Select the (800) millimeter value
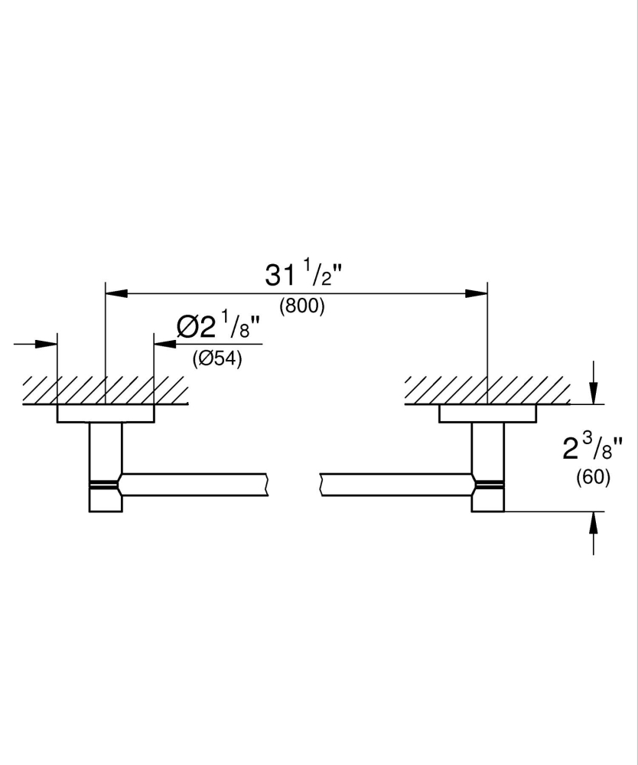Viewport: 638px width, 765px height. click(302, 306)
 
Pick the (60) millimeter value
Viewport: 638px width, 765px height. click(593, 477)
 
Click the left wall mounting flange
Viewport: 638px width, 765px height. click(106, 414)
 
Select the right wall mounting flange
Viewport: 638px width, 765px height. click(487, 414)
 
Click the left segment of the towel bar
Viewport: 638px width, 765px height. click(195, 485)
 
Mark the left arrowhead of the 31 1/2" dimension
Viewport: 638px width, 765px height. click(115, 293)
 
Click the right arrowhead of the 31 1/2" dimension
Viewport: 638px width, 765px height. click(478, 293)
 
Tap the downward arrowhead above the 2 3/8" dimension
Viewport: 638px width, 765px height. click(594, 395)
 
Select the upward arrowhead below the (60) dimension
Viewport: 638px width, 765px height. click(594, 521)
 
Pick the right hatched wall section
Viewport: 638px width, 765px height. click(487, 390)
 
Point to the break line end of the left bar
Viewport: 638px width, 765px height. click(267, 485)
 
